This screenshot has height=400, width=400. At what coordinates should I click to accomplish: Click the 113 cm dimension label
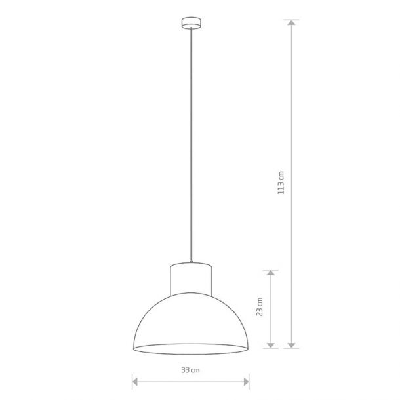coord(281,183)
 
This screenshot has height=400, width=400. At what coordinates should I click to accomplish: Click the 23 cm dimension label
coord(260,307)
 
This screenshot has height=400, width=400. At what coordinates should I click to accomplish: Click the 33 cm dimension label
coord(190,370)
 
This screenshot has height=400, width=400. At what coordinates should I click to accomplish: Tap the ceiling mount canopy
coord(191,23)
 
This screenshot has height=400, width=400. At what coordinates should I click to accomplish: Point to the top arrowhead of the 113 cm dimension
coord(291,22)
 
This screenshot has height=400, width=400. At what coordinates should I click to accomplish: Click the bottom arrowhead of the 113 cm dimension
coord(291,345)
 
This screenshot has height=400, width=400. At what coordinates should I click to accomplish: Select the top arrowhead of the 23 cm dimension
coord(270,273)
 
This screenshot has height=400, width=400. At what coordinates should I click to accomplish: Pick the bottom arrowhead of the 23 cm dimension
coord(270,345)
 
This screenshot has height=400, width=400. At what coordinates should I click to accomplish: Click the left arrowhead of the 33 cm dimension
coord(135,382)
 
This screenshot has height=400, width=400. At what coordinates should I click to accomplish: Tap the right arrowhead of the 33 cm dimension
coord(246,382)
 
